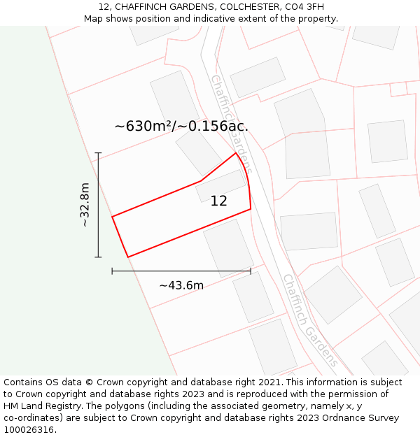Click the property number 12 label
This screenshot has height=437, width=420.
click(218, 201)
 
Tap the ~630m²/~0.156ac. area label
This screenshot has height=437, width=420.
click(181, 127)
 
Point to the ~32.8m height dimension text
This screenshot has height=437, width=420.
click(85, 205)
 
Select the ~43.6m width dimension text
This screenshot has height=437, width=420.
click(181, 285)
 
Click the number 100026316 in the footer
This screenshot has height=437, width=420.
click(30, 430)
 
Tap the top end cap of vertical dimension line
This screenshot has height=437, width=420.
click(98, 153)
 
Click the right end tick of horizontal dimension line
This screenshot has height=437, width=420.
click(251, 271)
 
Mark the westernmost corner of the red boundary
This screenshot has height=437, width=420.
click(112, 217)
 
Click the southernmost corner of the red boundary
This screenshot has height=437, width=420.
click(128, 257)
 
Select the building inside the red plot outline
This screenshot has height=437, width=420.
click(220, 186)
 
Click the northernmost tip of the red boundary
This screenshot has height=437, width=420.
click(235, 152)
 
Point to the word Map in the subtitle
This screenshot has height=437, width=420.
click(93, 19)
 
